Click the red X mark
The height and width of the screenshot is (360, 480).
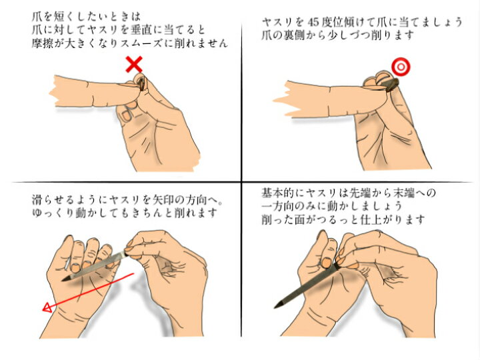pyautogui.click(x=134, y=64)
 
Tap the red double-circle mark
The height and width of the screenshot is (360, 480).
pyautogui.click(x=401, y=67)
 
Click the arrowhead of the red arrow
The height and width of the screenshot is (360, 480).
pyautogui.click(x=47, y=307)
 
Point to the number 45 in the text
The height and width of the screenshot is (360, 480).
pyautogui.click(x=313, y=23)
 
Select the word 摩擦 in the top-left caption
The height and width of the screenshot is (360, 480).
pyautogui.click(x=43, y=43)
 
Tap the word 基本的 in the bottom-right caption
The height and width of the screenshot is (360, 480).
pyautogui.click(x=278, y=193)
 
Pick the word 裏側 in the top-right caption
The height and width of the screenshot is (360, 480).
pyautogui.click(x=295, y=35)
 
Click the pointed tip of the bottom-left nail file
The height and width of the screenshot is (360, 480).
pyautogui.click(x=63, y=280)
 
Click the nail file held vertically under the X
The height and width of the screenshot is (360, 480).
pyautogui.click(x=142, y=83)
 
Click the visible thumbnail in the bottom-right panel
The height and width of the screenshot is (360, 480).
pyautogui.click(x=326, y=263)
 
